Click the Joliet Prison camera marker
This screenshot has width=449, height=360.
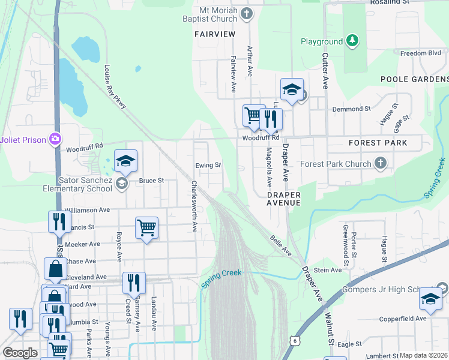click(56, 139)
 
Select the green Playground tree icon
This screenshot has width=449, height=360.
click(353, 41)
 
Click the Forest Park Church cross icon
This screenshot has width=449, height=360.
click(380, 163)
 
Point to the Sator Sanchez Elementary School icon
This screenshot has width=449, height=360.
click(122, 184)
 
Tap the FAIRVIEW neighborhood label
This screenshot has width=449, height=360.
click(215, 35)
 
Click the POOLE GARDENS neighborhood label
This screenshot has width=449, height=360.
click(414, 79)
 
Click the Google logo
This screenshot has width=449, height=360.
click(20, 352)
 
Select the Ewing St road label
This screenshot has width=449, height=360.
click(208, 165)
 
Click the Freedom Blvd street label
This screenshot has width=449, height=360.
click(421, 53)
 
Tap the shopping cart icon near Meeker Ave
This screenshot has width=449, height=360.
click(146, 228)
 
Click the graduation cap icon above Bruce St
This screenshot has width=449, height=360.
click(125, 161)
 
